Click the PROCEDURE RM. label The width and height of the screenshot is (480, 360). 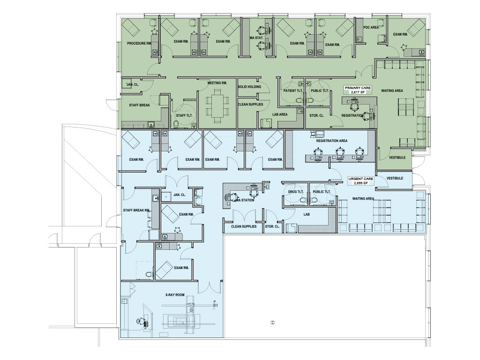(139, 44)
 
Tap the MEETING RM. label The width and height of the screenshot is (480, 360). (217, 83)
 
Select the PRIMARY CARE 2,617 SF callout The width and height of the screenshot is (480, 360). (358, 90)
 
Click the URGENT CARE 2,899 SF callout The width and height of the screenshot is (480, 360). (360, 180)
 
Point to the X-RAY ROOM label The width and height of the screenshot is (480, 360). (175, 295)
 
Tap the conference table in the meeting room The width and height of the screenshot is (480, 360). (217, 106)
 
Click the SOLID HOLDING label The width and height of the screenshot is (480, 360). (249, 87)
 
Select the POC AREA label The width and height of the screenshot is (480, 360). (371, 28)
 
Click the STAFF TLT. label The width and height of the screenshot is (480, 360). (184, 115)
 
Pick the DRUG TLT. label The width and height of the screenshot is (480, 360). (296, 192)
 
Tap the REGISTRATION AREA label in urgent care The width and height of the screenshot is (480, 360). (332, 141)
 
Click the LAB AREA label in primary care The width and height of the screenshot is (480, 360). (280, 114)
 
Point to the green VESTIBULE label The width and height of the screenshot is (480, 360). (397, 157)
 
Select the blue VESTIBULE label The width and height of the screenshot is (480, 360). (395, 178)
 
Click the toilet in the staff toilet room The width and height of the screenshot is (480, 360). (176, 124)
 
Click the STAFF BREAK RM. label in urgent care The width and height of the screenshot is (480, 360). (136, 210)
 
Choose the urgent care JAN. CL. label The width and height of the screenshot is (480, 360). (180, 195)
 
